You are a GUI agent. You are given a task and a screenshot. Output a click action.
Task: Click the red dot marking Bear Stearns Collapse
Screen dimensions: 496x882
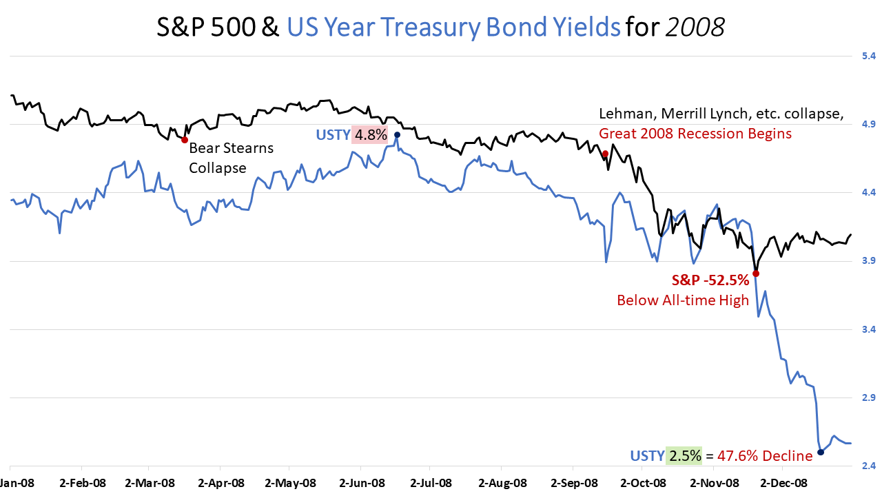pos(185,139)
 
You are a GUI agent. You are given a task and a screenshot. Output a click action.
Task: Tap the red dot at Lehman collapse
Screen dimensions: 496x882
pos(605,154)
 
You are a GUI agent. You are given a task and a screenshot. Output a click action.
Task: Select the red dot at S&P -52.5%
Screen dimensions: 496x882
pos(756,273)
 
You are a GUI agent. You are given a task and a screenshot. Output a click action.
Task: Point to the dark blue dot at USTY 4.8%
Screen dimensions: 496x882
pos(397,134)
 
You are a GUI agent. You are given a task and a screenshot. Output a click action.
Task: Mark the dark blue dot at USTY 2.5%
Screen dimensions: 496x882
pos(821,452)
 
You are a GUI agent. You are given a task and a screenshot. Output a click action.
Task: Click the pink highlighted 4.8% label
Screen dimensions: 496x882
pos(371,134)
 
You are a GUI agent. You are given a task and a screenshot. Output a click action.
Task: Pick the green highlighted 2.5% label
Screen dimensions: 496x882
pos(684,455)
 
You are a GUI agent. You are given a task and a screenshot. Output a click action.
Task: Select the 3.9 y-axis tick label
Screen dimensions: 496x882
pos(864,261)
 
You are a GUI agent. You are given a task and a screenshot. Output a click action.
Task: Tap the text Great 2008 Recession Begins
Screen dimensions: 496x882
pos(695,133)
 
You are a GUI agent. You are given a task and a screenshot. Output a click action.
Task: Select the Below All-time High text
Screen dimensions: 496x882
pos(683,300)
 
